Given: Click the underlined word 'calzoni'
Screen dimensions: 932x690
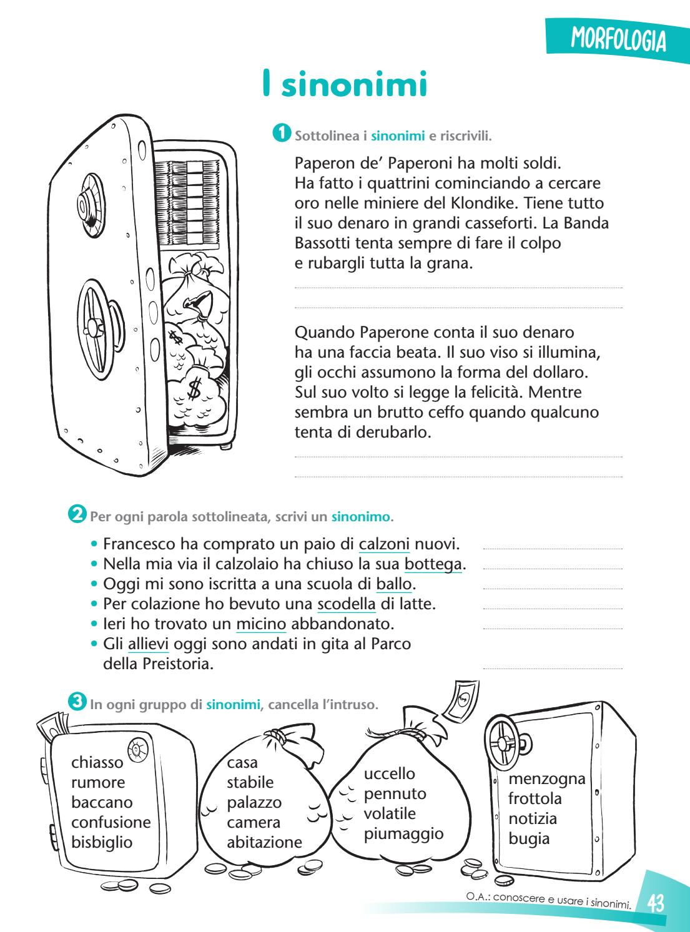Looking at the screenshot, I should point(384,544).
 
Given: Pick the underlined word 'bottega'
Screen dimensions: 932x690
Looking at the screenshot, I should point(433,564).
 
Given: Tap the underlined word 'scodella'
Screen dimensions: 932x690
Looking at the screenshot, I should point(347,604).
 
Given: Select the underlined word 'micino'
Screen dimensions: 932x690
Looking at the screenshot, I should point(261,624).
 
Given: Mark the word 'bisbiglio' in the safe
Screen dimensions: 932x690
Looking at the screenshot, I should point(102,842).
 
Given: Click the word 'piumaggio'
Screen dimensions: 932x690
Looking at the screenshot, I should point(403,833).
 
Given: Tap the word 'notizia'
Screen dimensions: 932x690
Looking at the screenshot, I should point(533,818).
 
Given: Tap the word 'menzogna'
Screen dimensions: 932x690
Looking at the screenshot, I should point(547,778).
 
